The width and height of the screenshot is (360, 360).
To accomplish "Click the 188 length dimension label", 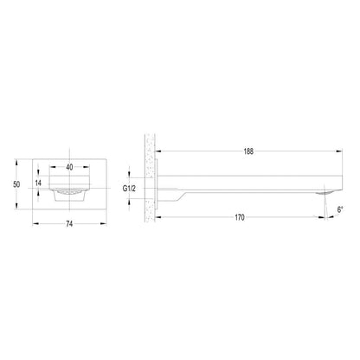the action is point(248,151).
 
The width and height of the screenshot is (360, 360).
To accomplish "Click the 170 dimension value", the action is point(240,217).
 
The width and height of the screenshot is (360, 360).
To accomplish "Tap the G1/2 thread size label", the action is point(129,189).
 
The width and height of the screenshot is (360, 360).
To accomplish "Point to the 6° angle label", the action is point(340,209).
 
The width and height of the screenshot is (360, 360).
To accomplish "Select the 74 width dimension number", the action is point(69,224).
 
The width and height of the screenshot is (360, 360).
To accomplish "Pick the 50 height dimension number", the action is point(16,184).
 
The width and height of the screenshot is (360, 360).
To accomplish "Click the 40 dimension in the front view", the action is point(69,167).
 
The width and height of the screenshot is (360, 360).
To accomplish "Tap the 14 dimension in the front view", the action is point(38,183).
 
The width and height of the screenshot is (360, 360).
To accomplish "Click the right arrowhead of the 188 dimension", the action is point(339,151).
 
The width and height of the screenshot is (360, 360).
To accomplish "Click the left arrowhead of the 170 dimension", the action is point(158,217).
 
